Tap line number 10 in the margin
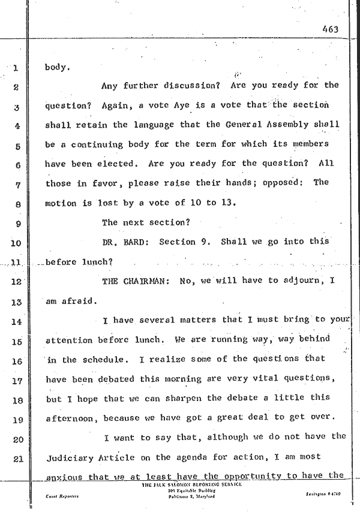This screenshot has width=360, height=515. tap(16, 243)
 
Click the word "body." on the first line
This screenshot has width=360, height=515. tap(58, 67)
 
